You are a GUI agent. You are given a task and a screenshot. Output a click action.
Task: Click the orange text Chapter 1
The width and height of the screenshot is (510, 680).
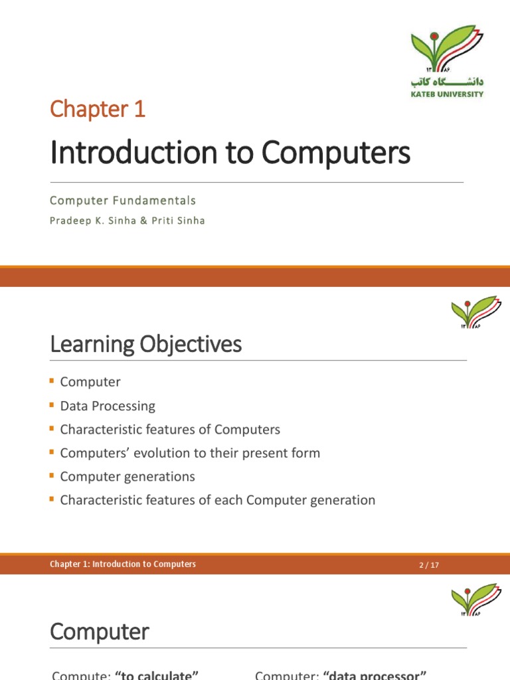(x=98, y=110)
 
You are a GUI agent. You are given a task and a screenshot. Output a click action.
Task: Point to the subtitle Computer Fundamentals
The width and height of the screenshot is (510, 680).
(x=123, y=200)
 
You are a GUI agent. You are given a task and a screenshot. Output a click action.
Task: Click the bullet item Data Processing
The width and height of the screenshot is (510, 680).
(x=108, y=406)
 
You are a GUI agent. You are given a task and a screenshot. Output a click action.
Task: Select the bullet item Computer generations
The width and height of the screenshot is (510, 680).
(x=127, y=477)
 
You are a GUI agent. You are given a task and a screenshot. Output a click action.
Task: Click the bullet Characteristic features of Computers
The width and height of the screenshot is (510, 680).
(x=170, y=430)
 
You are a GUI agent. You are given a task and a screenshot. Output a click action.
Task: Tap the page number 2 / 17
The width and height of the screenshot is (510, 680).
(x=429, y=565)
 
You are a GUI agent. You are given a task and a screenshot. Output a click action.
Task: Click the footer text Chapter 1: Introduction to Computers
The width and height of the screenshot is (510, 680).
(x=123, y=564)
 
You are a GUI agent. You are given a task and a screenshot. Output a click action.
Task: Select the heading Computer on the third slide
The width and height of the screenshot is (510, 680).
(x=100, y=631)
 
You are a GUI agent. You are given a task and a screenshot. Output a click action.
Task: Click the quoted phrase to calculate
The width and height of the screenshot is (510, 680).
(x=157, y=675)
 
